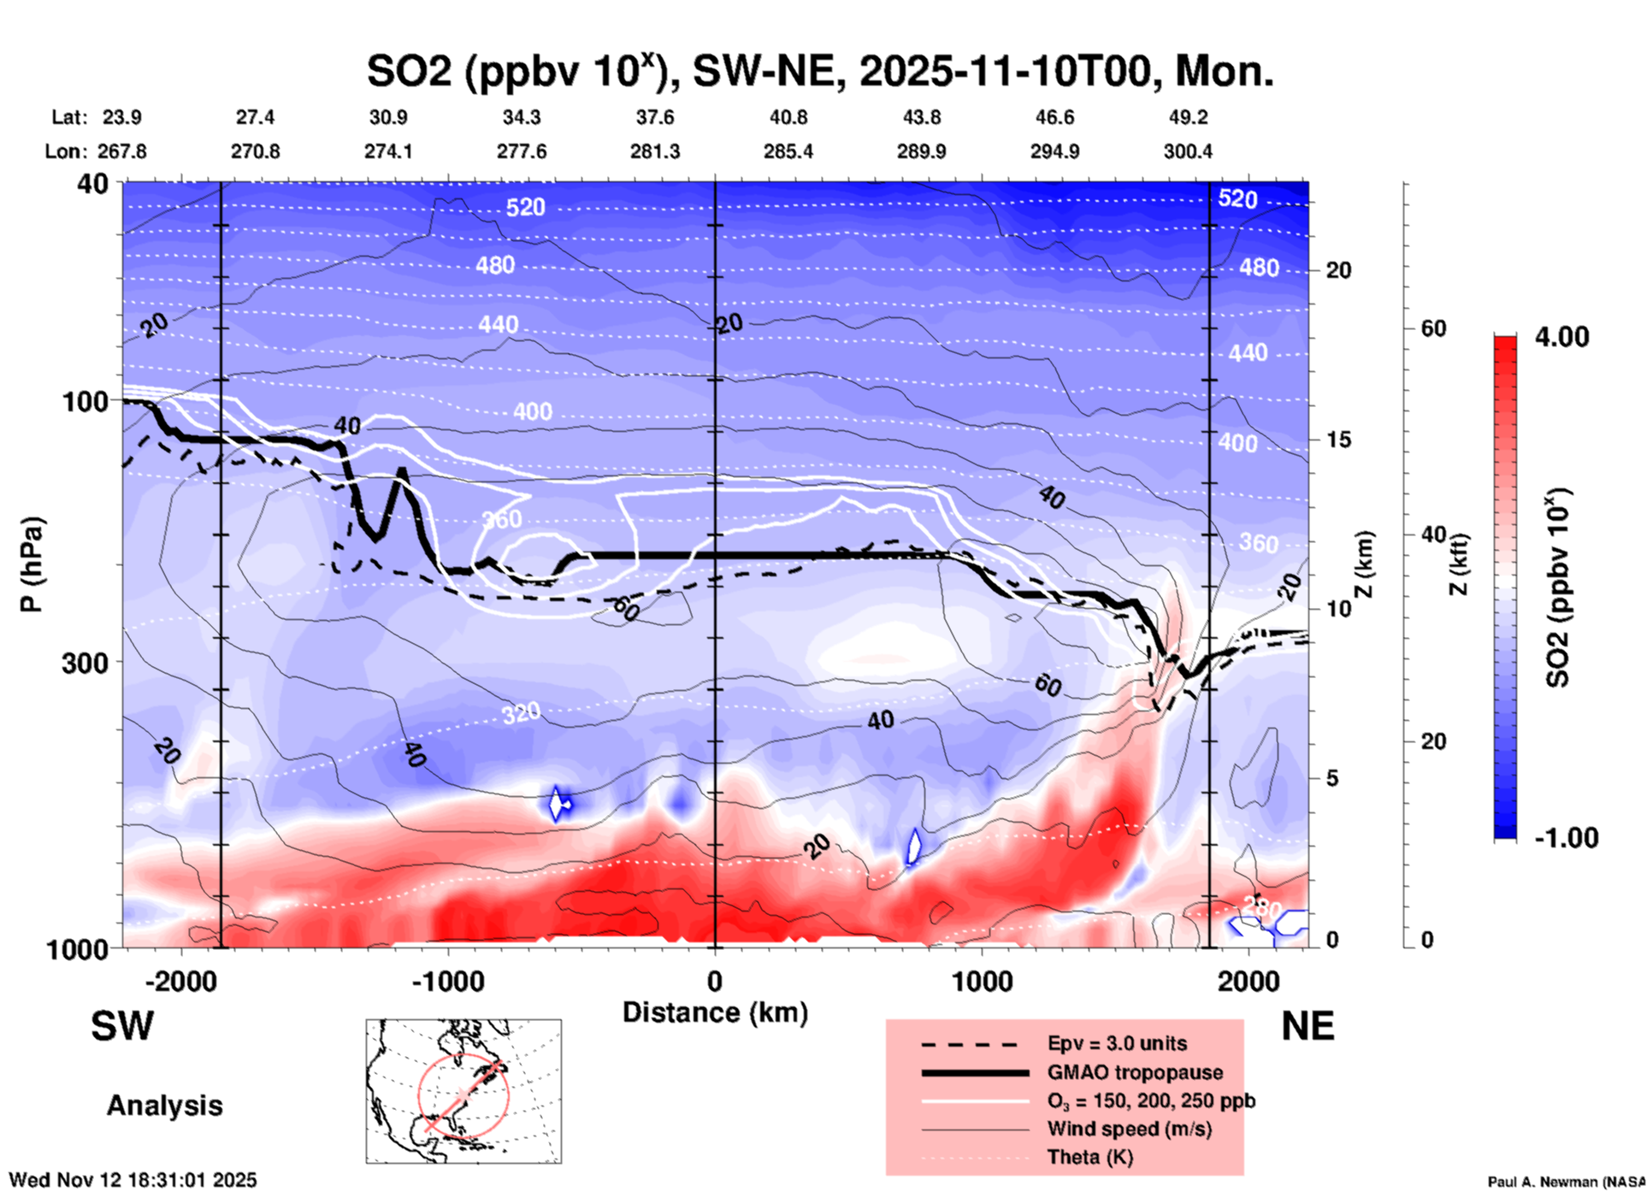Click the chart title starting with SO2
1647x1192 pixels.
coord(819,71)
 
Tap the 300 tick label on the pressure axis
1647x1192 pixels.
coord(86,663)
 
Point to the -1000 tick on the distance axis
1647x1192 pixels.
coord(448,982)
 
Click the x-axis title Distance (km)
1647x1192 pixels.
coord(715,1012)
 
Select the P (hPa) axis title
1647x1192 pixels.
coord(32,564)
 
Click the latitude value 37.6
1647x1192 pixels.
coord(654,117)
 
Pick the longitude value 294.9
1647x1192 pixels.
coord(1054,151)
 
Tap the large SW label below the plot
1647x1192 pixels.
coord(122,1026)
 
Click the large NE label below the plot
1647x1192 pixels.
coord(1308,1026)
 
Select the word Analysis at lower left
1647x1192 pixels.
coord(164,1106)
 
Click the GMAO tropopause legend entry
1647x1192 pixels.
coord(1135,1072)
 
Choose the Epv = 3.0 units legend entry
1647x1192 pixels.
coord(1117,1044)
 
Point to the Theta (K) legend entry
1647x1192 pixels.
coord(1089,1157)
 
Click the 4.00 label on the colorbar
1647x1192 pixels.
coord(1561,337)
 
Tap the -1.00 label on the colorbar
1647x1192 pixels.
coord(1566,837)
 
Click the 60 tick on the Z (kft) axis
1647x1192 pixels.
coord(1433,328)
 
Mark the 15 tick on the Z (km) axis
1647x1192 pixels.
coord(1338,440)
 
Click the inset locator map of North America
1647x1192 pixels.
coord(463,1091)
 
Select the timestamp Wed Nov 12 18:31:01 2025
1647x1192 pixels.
coord(133,1180)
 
